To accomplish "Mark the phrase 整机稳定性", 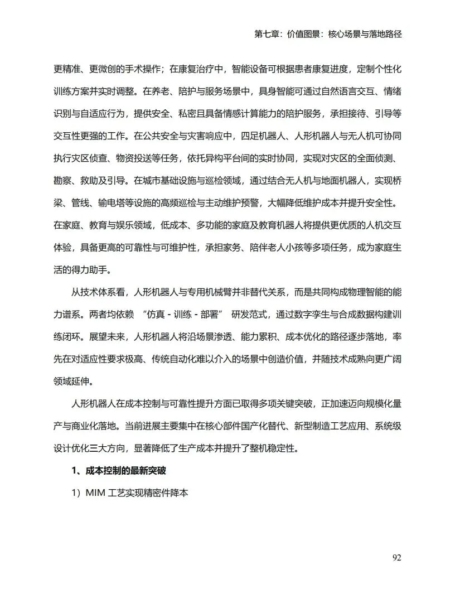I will coord(273,448).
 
